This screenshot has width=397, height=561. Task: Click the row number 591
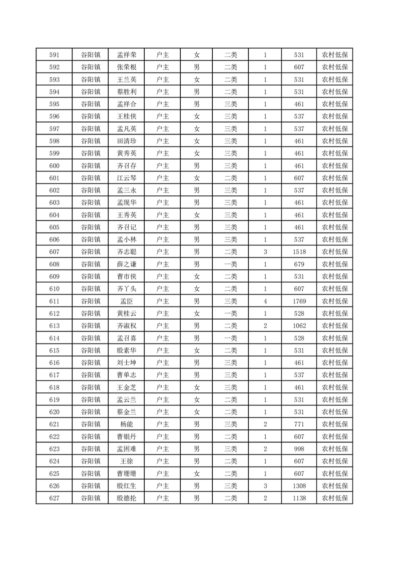pos(55,55)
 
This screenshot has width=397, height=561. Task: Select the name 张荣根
pos(127,67)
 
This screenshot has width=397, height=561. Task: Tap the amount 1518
pos(299,252)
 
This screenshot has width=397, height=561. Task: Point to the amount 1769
pos(299,301)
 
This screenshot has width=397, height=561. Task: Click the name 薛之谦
pos(127,264)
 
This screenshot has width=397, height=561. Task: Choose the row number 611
pos(55,301)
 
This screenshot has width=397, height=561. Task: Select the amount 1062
pos(299,326)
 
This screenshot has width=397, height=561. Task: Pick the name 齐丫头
pos(127,289)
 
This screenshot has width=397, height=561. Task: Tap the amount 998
pos(299,449)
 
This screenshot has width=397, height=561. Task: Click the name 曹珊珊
pos(127,473)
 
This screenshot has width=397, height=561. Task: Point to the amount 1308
pos(299,486)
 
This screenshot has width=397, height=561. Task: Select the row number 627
pos(55,498)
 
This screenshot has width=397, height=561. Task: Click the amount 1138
pos(299,498)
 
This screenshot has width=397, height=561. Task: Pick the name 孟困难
pos(127,449)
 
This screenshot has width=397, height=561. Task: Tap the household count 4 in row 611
pos(265,301)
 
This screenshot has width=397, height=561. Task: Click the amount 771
pos(299,424)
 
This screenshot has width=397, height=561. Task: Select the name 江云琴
pos(127,178)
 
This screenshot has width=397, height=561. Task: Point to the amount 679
pos(299,264)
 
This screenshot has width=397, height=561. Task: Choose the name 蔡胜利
pos(127,92)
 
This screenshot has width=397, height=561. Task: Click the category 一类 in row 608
pos(231,264)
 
